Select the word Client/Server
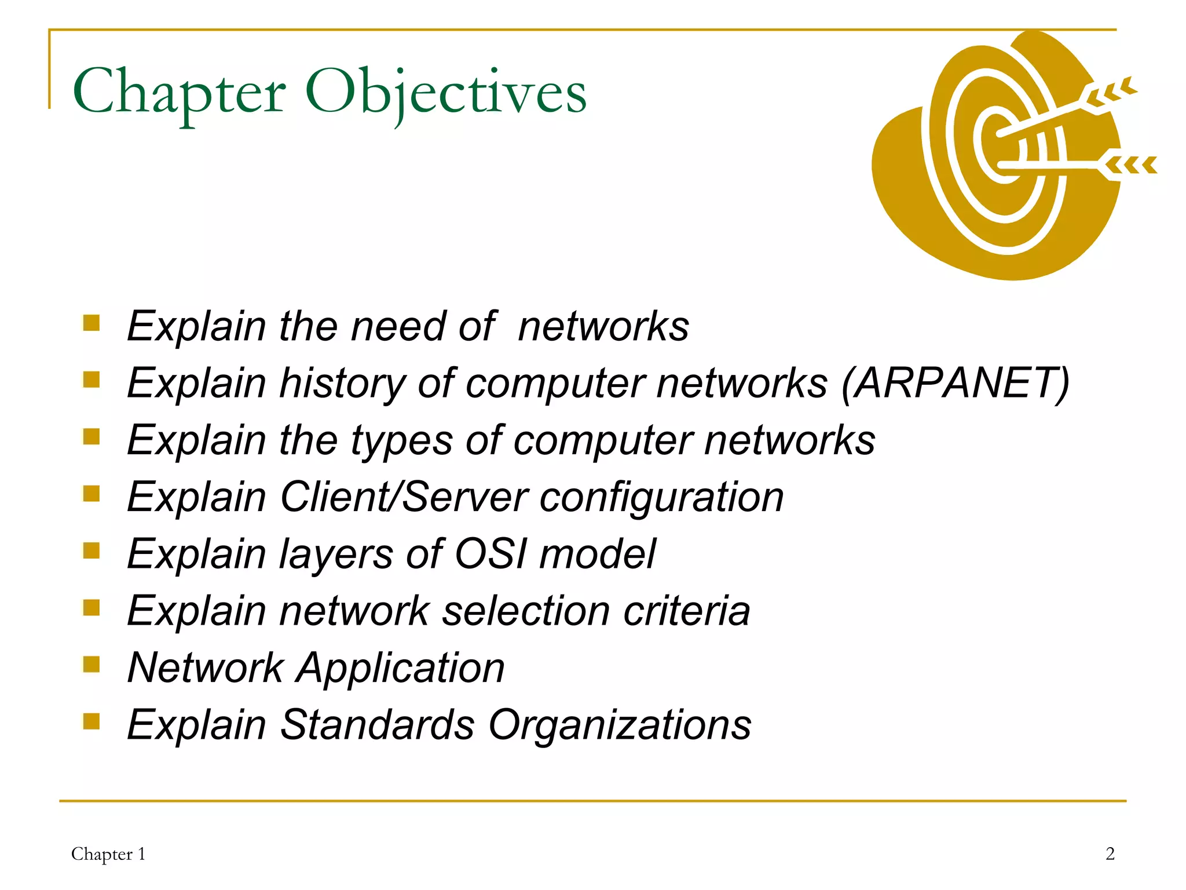click(404, 497)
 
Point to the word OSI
click(491, 554)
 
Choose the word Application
click(400, 668)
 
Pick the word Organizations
click(620, 725)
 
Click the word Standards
click(377, 725)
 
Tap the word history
click(342, 384)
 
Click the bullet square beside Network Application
click(91, 664)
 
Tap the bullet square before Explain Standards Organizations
click(91, 721)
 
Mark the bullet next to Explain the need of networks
click(91, 322)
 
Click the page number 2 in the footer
click(1110, 853)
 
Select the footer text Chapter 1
click(108, 854)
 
